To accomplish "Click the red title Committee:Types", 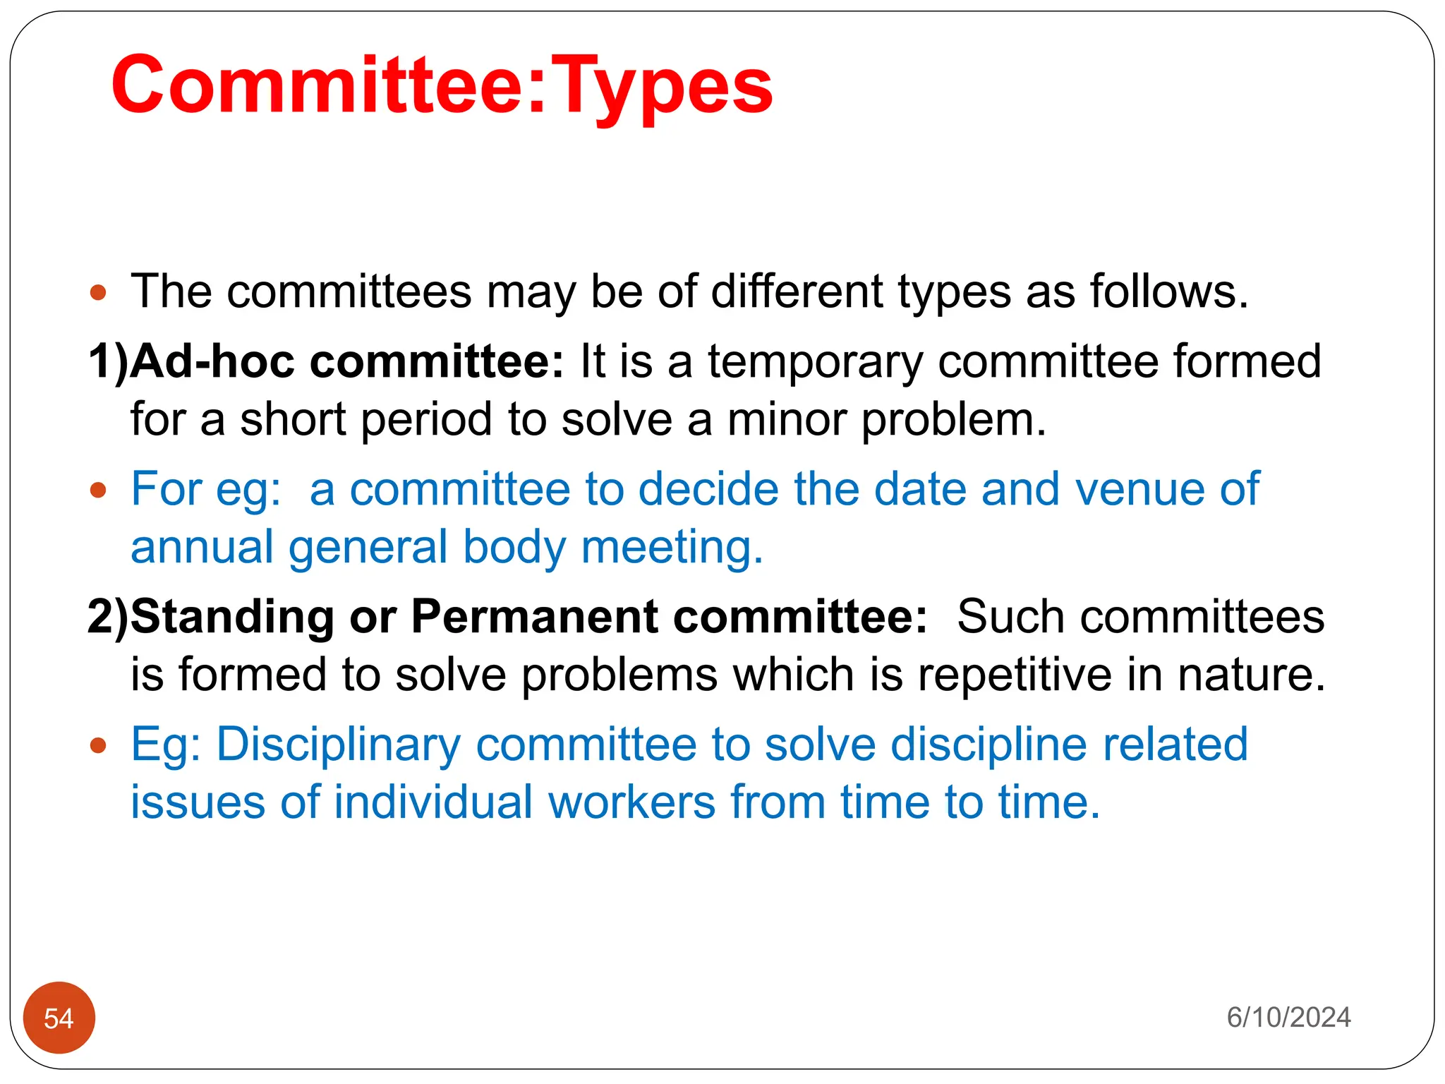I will click(442, 86).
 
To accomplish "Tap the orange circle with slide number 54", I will click(59, 1018).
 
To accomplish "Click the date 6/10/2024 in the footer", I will click(1288, 1018).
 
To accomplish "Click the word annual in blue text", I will click(202, 547).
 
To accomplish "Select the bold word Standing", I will click(232, 618).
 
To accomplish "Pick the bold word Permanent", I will click(535, 616).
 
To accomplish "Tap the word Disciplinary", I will click(338, 745).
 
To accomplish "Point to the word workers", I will click(631, 802).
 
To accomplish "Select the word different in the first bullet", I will click(797, 291).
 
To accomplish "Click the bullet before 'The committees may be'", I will click(98, 292).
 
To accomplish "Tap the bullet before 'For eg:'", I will click(98, 490).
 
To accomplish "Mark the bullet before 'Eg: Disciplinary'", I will click(98, 745).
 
